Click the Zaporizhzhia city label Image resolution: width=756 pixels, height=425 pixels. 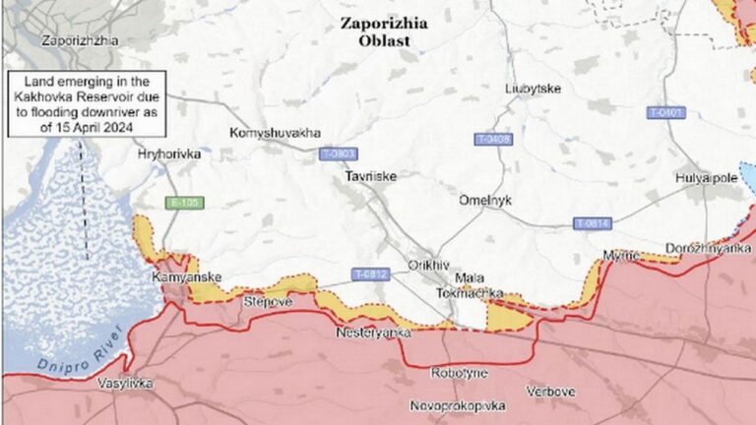tap(80, 41)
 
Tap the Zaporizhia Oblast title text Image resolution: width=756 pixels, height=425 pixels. tap(383, 33)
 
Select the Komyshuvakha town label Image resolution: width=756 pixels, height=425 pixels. tap(275, 133)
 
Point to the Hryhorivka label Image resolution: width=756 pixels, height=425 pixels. tap(169, 155)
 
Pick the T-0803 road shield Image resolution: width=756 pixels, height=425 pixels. tap(339, 154)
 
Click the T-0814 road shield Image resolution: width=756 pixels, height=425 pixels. tap(593, 223)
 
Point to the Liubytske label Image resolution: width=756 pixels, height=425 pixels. tap(533, 89)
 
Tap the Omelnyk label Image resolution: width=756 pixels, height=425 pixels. tap(484, 200)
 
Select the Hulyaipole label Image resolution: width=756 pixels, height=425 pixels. tap(707, 177)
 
